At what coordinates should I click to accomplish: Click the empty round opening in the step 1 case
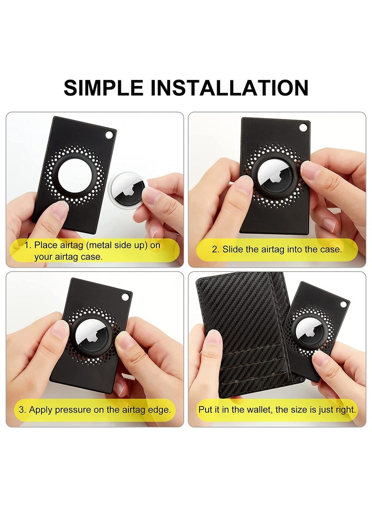(71, 174)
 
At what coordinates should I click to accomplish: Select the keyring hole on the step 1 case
(110, 135)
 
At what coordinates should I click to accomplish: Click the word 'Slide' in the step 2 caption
(232, 249)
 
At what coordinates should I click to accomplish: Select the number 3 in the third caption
(22, 410)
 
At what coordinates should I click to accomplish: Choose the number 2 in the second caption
(215, 249)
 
